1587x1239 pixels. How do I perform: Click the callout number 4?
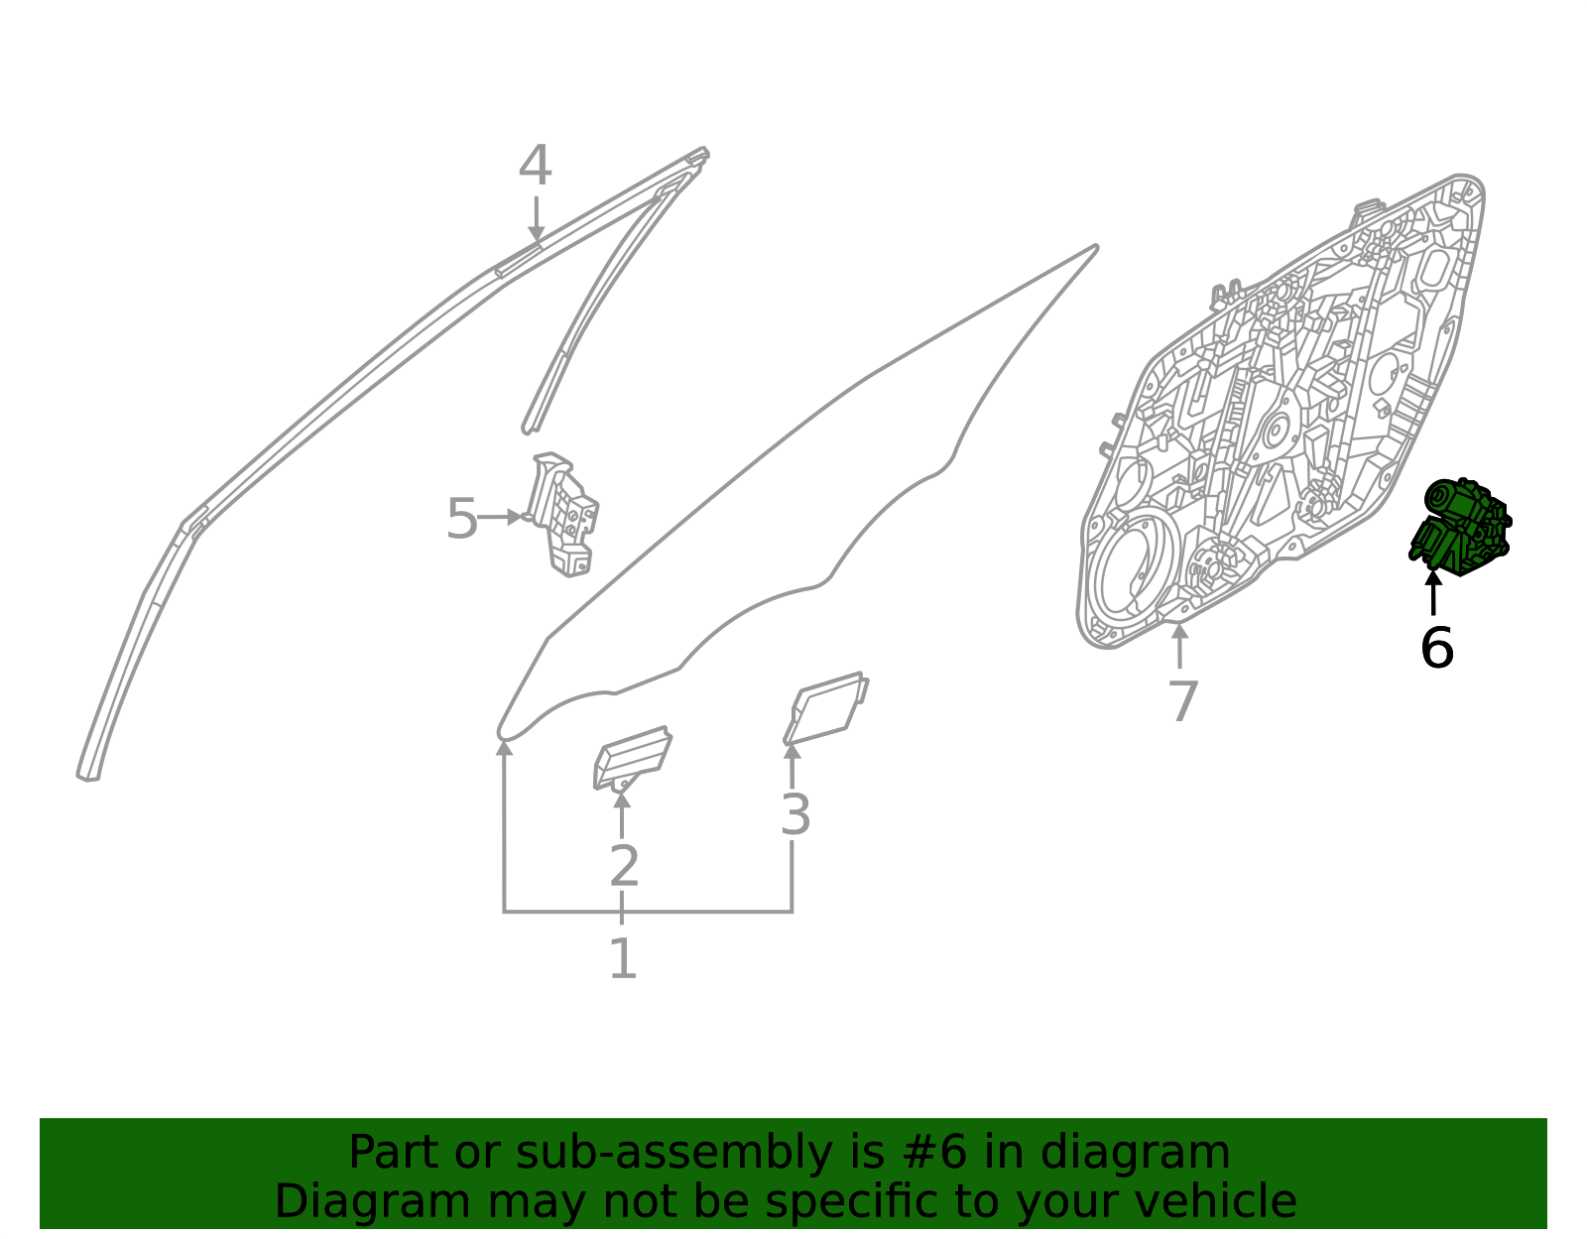click(535, 166)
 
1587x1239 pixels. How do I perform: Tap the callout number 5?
click(461, 519)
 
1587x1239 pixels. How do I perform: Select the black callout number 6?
click(1436, 647)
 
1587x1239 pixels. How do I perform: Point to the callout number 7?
click(1183, 701)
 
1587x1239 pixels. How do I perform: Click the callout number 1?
click(623, 958)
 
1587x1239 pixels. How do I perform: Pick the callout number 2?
click(624, 866)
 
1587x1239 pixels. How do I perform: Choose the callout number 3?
click(795, 814)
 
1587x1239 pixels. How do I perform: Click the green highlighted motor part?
click(1460, 527)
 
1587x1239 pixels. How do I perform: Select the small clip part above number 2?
click(633, 758)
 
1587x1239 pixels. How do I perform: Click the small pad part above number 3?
click(826, 708)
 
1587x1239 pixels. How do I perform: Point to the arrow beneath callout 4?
click(536, 218)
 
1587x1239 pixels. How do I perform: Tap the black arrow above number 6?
click(1433, 593)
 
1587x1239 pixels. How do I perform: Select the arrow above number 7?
click(1179, 646)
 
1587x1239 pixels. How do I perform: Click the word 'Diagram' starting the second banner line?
click(373, 1204)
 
